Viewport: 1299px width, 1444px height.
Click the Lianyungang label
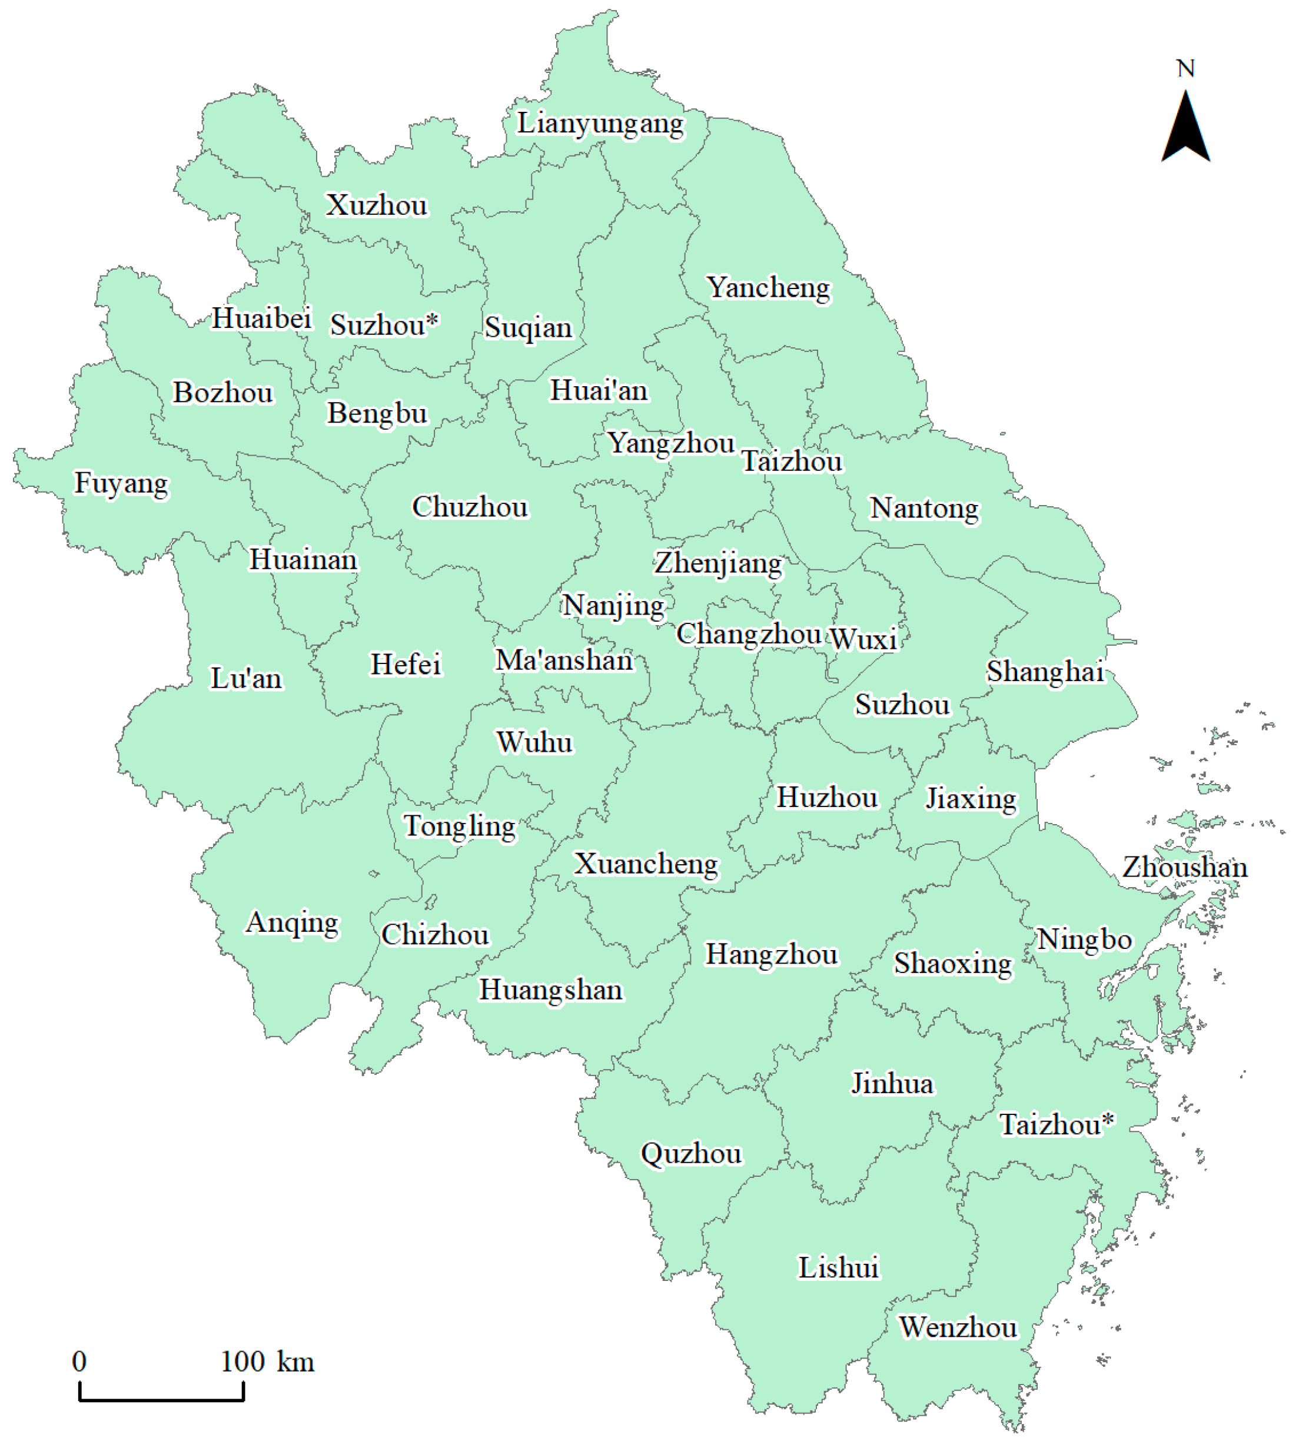tap(600, 124)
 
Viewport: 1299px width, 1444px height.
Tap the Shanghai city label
tap(1045, 672)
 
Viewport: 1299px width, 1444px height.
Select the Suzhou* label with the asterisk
tap(383, 326)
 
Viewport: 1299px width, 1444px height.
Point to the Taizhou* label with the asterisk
tap(1055, 1125)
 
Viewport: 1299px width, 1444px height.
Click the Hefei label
tap(406, 665)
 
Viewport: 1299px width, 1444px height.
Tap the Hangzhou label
tap(771, 955)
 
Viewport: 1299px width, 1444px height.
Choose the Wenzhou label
tap(958, 1327)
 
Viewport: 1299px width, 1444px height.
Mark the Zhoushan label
tap(1185, 867)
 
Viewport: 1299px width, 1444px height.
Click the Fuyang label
tap(121, 483)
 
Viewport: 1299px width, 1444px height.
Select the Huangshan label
tap(550, 990)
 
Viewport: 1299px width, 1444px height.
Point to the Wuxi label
tap(863, 639)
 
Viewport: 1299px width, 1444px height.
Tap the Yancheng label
tap(769, 288)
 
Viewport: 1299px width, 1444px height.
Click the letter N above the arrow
tap(1185, 68)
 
